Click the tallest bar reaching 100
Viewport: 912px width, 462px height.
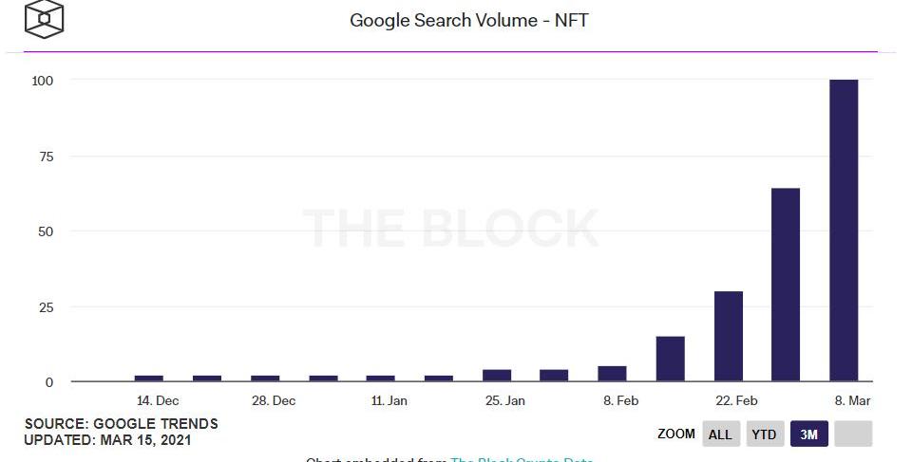[x=844, y=231]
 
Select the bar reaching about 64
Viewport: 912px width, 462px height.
[x=786, y=285]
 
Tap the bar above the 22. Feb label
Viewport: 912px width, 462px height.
[x=729, y=336]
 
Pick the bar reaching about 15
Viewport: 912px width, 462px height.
[x=670, y=359]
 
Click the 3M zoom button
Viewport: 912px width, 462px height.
[x=808, y=434]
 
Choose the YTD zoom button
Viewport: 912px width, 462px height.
[x=765, y=434]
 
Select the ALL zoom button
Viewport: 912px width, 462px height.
[x=721, y=434]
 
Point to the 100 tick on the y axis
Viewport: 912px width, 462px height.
[x=42, y=81]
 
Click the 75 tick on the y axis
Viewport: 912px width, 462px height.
[x=45, y=157]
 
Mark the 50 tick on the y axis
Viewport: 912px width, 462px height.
[x=45, y=231]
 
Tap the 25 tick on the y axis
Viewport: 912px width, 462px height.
[x=45, y=307]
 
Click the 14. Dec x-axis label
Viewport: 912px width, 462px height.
[x=158, y=401]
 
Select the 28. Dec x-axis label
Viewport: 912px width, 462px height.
[x=274, y=401]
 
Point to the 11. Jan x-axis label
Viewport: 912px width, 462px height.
[x=389, y=401]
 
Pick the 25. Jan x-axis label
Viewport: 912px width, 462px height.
[x=504, y=401]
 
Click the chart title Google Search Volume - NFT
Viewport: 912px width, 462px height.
[x=469, y=20]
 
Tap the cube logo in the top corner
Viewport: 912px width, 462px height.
[x=44, y=18]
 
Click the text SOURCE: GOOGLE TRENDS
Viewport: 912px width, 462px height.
[x=121, y=424]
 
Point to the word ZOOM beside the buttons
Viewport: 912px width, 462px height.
[x=675, y=434]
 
